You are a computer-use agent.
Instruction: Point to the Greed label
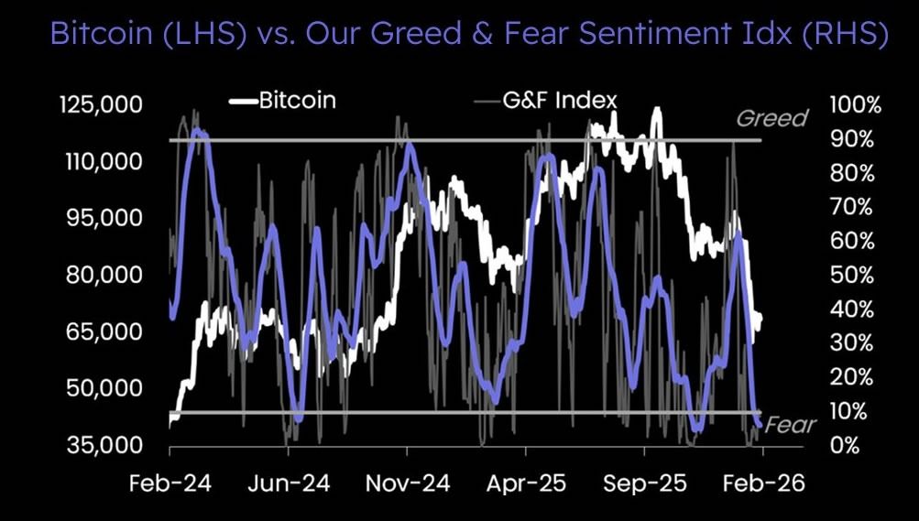(772, 118)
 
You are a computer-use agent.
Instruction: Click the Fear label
(790, 425)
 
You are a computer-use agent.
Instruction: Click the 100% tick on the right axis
(855, 104)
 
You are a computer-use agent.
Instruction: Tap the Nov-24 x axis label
(407, 484)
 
